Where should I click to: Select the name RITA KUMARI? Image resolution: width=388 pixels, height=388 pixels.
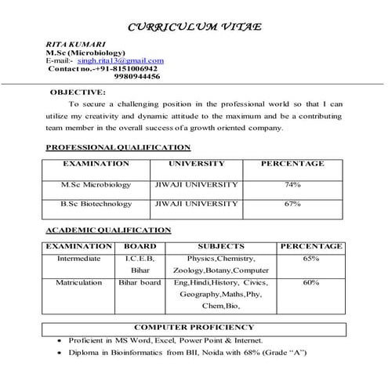[x=70, y=44]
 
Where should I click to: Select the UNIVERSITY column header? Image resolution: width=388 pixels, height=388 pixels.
[x=196, y=164]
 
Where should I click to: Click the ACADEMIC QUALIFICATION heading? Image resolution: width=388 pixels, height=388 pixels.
[x=107, y=230]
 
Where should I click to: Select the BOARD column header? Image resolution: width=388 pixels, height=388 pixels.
[x=140, y=246]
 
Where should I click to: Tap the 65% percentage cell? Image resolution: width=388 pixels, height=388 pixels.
[x=310, y=258]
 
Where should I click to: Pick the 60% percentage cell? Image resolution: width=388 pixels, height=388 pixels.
[x=310, y=281]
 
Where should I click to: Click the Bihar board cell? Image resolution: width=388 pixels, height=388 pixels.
[x=140, y=281]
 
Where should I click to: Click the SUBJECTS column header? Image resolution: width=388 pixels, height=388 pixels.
[x=220, y=246]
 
